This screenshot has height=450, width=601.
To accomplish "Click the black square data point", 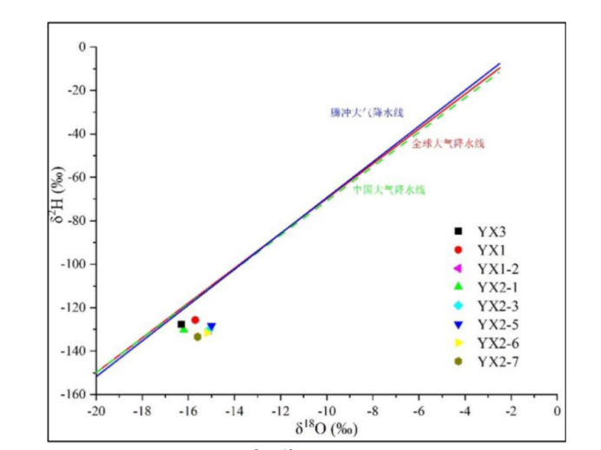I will [x=181, y=324].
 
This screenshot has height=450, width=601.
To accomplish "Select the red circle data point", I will [x=195, y=320].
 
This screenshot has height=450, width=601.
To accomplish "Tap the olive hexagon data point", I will [x=197, y=336].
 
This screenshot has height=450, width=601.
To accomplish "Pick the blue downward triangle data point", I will [x=211, y=327].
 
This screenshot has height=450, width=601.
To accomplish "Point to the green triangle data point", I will [x=183, y=329].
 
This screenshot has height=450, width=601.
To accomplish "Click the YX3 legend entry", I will [x=491, y=230].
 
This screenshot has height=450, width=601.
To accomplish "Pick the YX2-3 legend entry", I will [x=496, y=305].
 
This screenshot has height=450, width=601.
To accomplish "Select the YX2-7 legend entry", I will [x=496, y=360].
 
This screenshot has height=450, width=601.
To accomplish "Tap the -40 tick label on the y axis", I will [x=77, y=134].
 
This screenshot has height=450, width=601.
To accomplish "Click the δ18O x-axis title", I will [x=326, y=427].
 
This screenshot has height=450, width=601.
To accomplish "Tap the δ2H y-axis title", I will [x=54, y=221].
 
